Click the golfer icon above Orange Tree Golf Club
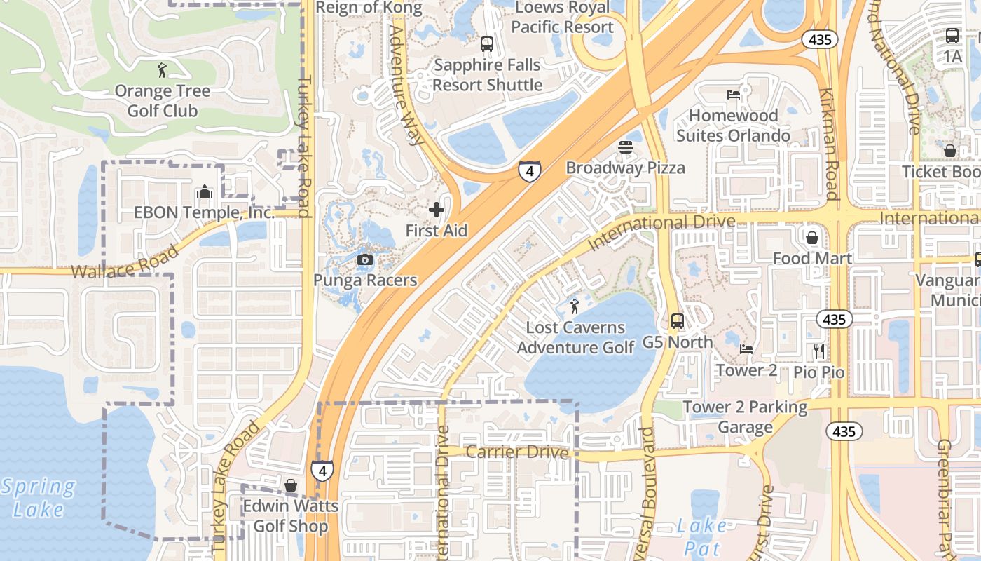pyautogui.click(x=163, y=70)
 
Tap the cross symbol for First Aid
pyautogui.click(x=437, y=210)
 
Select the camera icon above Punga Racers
pyautogui.click(x=364, y=260)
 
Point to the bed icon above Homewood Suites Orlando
pyautogui.click(x=733, y=95)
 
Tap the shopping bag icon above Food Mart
pyautogui.click(x=812, y=238)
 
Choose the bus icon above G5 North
pyautogui.click(x=678, y=321)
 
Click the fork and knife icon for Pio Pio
pyautogui.click(x=819, y=351)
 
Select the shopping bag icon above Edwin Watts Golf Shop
pyautogui.click(x=291, y=485)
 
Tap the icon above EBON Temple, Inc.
pyautogui.click(x=204, y=191)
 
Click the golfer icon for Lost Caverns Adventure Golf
pyautogui.click(x=575, y=306)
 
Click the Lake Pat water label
pyautogui.click(x=702, y=535)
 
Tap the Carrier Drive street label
pyautogui.click(x=516, y=452)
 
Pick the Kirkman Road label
pyautogui.click(x=828, y=144)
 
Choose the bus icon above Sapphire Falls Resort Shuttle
pyautogui.click(x=486, y=44)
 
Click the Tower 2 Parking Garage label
pyautogui.click(x=745, y=417)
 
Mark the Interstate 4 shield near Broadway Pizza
pyautogui.click(x=530, y=170)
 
